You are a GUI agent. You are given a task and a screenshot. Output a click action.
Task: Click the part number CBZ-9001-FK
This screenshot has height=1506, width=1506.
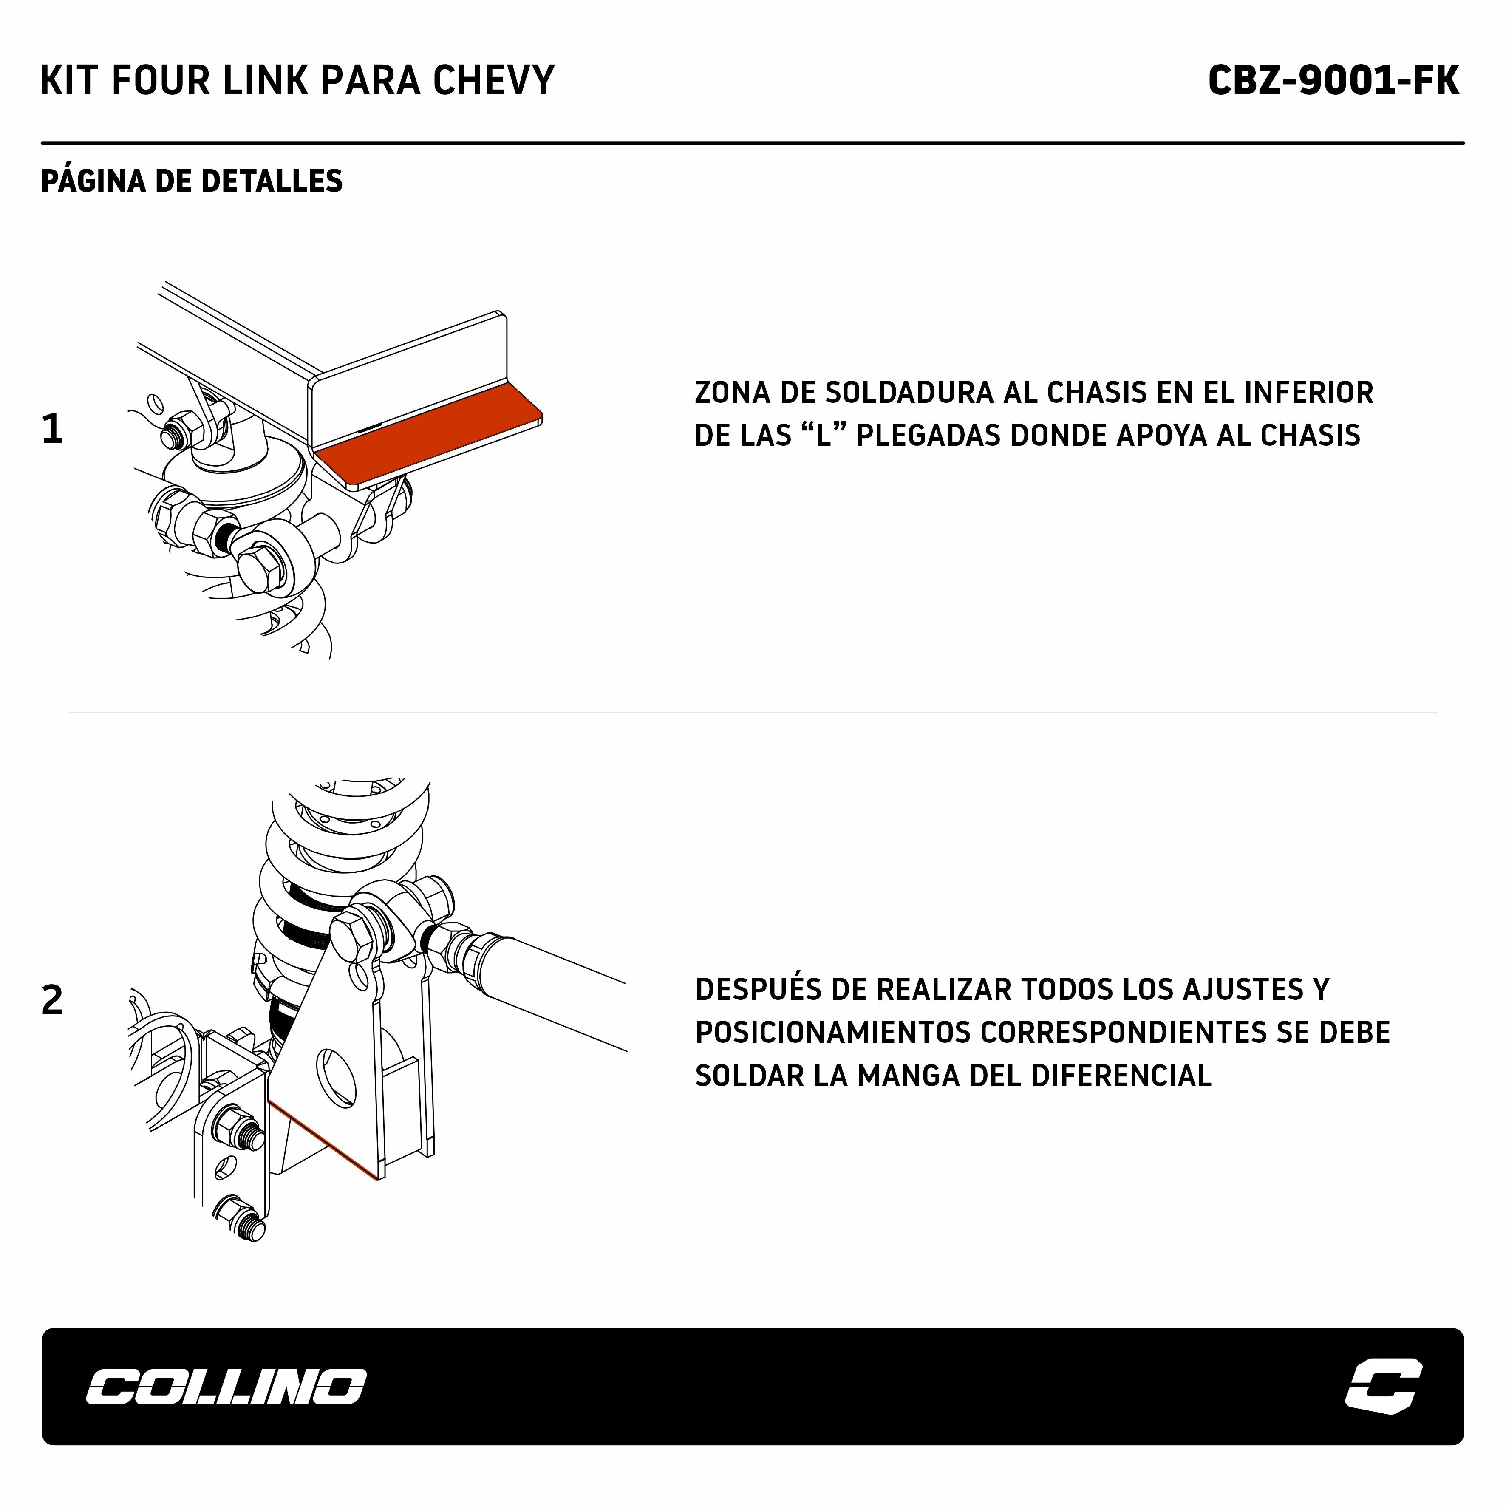(1333, 80)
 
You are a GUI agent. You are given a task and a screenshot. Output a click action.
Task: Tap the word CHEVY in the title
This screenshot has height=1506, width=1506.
(493, 80)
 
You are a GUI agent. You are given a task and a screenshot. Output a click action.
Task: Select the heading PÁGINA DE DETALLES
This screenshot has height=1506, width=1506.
(192, 181)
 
